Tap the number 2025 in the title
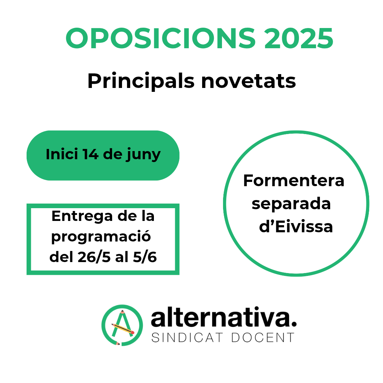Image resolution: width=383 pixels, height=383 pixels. point(299,38)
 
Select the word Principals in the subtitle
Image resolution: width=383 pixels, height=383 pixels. point(141,81)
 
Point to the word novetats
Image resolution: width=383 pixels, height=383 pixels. point(248,81)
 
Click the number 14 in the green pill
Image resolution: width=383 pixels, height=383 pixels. point(90,154)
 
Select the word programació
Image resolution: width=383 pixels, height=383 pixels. point(101,237)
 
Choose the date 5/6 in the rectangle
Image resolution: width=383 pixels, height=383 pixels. point(145,257)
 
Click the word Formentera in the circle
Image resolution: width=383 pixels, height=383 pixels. point(294,181)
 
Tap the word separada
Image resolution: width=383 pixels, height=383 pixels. point(291,204)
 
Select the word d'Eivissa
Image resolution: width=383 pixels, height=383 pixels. point(296,227)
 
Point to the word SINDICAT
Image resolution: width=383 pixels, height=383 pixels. point(187,338)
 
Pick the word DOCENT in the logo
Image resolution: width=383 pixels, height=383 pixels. point(263,338)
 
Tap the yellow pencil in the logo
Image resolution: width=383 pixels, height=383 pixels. point(123,328)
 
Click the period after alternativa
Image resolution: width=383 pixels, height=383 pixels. point(294,324)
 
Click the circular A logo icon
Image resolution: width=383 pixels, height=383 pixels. point(122,325)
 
